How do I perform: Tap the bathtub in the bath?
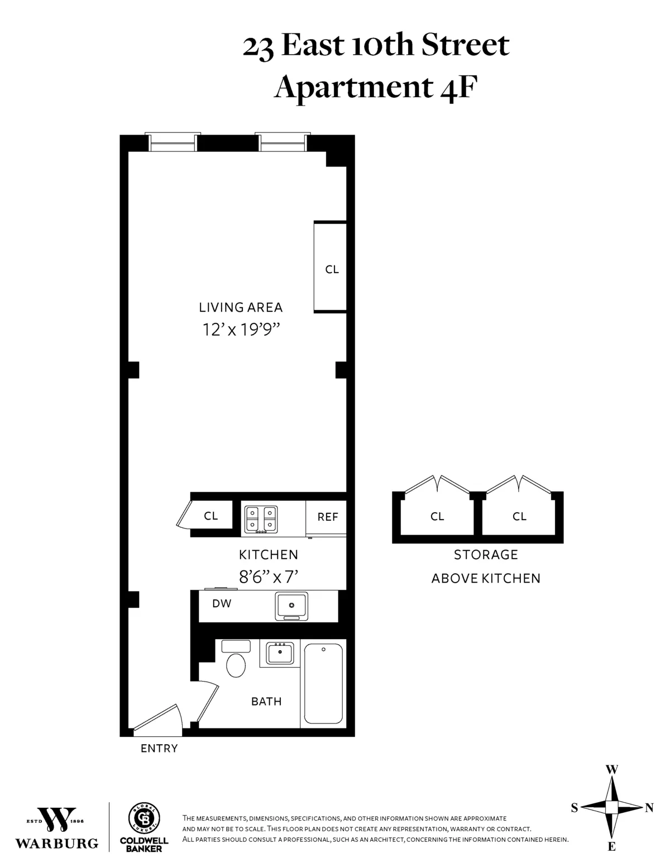[323, 683]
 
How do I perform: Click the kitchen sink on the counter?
[291, 606]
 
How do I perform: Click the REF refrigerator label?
[328, 517]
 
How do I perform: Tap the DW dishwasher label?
[222, 603]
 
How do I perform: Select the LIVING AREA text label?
[241, 307]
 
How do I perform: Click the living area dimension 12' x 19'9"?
[241, 330]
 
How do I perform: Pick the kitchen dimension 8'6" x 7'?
[269, 577]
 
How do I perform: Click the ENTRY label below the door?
[159, 749]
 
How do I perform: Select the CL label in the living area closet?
[332, 269]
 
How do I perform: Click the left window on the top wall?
[173, 143]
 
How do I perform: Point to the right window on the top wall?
[283, 143]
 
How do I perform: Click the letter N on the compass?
[649, 807]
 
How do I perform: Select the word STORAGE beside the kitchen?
[486, 555]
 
